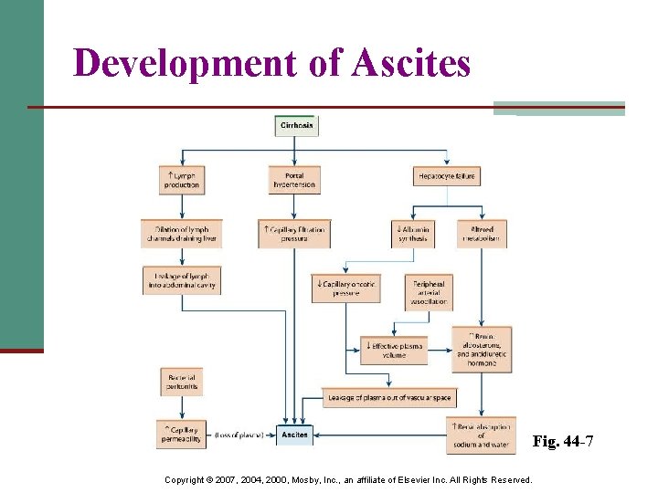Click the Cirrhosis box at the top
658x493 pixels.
297,126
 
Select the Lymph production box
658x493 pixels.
181,180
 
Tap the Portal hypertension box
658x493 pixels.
294,180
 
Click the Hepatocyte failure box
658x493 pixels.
446,176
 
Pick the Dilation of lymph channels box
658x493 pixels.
181,234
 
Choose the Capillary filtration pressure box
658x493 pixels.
294,234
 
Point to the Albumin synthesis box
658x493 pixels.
412,234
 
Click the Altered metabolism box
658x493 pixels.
482,234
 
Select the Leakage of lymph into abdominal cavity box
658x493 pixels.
181,280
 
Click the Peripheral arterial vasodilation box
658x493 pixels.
429,292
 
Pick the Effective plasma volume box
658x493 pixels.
394,351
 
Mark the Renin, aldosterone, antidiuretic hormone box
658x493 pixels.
482,350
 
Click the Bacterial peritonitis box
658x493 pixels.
181,382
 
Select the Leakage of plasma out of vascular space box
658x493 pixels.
388,397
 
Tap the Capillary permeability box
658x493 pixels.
181,435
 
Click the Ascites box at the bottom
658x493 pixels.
294,435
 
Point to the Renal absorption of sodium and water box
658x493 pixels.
482,435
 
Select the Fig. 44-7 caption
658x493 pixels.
563,443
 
